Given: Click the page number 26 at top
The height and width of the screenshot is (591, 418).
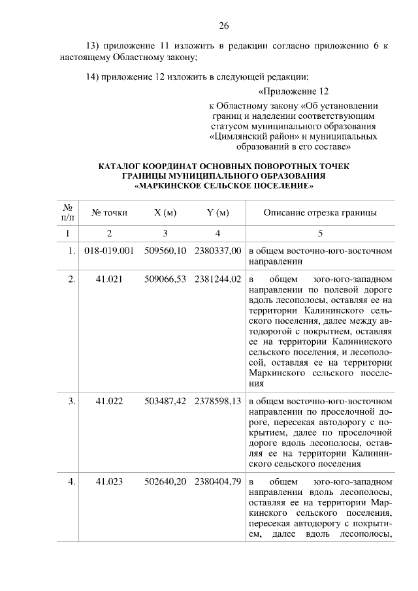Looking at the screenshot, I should click(223, 26).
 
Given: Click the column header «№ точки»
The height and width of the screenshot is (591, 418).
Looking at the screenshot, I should click(109, 212).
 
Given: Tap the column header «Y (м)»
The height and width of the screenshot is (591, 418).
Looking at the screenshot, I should click(217, 212).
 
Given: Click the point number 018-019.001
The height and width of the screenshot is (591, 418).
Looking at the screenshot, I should click(109, 250).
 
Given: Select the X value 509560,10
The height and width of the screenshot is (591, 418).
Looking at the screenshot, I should click(166, 250).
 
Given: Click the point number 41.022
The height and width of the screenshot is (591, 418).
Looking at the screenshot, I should click(109, 401).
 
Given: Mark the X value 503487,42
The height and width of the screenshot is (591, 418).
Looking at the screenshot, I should click(166, 401).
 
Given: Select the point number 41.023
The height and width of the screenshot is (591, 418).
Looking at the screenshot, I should click(109, 481).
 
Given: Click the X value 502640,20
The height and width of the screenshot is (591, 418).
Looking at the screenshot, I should click(166, 481).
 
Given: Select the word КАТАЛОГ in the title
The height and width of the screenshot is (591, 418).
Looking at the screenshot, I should click(121, 167).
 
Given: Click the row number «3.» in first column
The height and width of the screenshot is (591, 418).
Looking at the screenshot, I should click(72, 401).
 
